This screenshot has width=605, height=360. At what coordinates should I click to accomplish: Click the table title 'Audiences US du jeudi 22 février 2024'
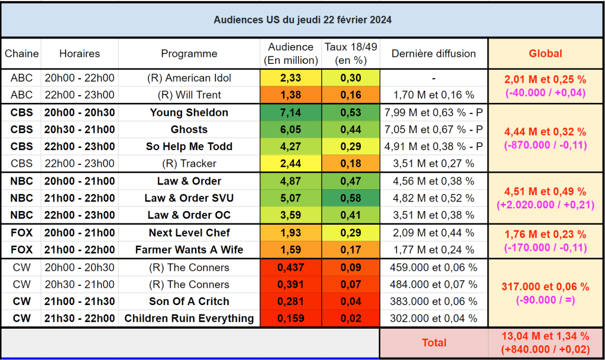(x=302, y=20)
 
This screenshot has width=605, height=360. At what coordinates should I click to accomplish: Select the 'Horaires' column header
(x=80, y=54)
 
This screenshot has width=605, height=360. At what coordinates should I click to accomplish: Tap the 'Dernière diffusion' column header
(x=433, y=54)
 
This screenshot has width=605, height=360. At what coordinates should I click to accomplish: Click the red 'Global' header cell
(x=545, y=54)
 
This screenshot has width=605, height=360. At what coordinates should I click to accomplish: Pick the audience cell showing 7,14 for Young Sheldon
(x=291, y=113)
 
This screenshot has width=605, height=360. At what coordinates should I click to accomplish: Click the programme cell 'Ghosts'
(x=189, y=129)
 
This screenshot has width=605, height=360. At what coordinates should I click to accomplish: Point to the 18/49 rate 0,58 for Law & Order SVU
(x=351, y=198)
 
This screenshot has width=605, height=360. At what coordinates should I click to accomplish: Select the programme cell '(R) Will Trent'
(x=189, y=95)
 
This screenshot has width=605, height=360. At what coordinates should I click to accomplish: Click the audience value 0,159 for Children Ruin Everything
(x=291, y=319)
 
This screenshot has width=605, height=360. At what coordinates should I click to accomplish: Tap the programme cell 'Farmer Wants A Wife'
(x=189, y=249)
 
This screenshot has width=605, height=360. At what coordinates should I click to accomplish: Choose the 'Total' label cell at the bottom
(x=433, y=342)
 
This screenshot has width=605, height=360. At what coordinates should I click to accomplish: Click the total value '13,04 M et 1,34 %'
(x=545, y=337)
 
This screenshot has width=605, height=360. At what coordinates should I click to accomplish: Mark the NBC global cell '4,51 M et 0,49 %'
(x=545, y=192)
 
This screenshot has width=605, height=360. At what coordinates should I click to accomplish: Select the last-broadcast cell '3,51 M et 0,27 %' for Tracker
(x=433, y=164)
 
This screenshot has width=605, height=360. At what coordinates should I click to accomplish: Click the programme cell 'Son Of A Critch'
(x=189, y=301)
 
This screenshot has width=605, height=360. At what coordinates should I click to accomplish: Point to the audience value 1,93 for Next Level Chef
(x=291, y=233)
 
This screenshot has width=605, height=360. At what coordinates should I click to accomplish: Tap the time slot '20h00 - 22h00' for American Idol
(x=80, y=78)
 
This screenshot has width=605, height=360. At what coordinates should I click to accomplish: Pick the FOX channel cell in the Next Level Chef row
(x=21, y=233)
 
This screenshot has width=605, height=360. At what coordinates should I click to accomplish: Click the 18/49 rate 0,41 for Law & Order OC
(x=351, y=215)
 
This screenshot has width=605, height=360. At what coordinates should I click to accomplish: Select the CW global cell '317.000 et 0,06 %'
(x=545, y=287)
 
